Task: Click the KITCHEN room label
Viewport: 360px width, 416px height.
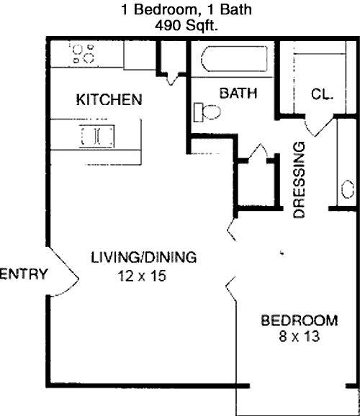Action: (109, 100)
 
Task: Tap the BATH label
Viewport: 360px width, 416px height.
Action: (238, 93)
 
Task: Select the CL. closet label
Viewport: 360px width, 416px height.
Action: (322, 94)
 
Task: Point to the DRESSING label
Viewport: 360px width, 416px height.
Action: (299, 180)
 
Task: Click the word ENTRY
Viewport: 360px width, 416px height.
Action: (24, 273)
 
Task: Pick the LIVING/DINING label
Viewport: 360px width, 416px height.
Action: (143, 258)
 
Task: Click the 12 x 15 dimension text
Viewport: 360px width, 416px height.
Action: (142, 276)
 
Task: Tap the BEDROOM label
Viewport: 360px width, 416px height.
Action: (300, 320)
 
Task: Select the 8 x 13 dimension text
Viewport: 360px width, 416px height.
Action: (300, 336)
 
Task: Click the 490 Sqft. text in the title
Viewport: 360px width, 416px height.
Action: (186, 26)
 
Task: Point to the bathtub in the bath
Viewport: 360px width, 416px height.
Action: (234, 58)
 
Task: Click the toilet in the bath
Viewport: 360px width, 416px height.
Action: (207, 112)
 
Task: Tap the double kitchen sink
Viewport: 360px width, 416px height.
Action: (97, 136)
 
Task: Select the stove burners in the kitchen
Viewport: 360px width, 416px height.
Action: (83, 53)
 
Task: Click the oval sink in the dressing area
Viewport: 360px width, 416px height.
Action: (347, 189)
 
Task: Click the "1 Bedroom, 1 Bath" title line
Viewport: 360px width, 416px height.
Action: (186, 9)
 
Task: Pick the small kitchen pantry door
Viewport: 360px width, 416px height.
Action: (171, 78)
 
